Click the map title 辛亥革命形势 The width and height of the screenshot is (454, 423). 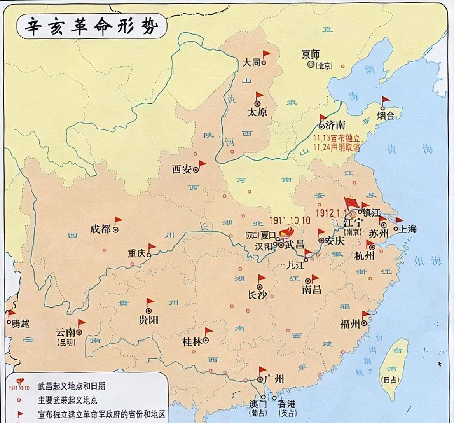tap(91, 28)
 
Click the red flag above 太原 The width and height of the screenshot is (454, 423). tap(259, 95)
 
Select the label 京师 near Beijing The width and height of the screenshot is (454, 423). tap(311, 55)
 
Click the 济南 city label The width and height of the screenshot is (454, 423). tap(335, 125)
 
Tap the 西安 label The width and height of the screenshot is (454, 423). tap(182, 169)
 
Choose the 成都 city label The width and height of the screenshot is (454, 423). tap(100, 229)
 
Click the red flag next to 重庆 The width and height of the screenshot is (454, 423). tap(152, 247)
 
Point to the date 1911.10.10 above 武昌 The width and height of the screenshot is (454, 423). tap(290, 220)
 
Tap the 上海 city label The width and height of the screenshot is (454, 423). tap(408, 229)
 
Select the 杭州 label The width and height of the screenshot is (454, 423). tap(365, 256)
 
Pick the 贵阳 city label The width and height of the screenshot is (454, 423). tap(148, 320)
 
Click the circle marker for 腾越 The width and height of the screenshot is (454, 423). tap(9, 322)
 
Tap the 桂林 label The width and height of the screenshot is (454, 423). tap(192, 342)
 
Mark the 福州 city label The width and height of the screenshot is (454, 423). tap(351, 323)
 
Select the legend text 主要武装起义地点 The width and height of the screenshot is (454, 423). tap(68, 400)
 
